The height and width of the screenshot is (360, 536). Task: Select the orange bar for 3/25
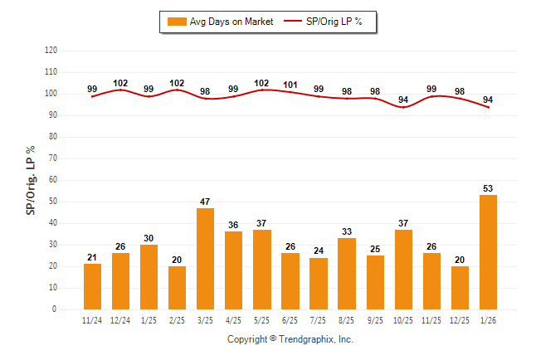click(205, 259)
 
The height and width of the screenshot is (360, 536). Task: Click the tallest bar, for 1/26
click(488, 252)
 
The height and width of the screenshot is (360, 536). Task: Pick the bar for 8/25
click(347, 274)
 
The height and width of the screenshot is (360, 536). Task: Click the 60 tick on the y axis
click(52, 180)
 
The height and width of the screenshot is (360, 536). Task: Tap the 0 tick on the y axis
click(55, 309)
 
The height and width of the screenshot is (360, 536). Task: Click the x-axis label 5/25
click(261, 320)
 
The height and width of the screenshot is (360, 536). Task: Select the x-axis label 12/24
click(120, 320)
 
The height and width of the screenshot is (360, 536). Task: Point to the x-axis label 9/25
click(375, 320)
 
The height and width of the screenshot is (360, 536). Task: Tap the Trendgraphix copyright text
click(290, 340)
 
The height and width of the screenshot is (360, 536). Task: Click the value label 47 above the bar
click(205, 202)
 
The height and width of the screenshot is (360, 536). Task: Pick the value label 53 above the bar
click(488, 188)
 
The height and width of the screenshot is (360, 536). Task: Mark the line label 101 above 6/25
click(290, 85)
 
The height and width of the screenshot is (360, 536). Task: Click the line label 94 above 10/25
click(403, 100)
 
